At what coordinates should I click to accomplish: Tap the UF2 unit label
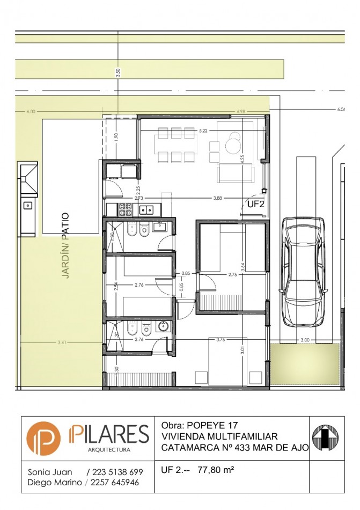[x=256, y=204]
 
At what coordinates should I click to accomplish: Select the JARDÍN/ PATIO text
[x=64, y=245]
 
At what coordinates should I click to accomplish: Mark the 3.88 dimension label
[x=217, y=198]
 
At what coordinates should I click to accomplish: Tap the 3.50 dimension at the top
[x=118, y=72]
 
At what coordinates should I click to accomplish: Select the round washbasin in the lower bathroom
[x=163, y=326]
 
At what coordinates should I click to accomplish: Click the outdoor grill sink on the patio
[x=27, y=205]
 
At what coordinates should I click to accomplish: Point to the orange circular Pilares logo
[x=43, y=438]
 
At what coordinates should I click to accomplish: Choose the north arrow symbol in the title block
[x=327, y=438]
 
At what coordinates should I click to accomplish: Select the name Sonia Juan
[x=48, y=472]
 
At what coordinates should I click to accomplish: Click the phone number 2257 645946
[x=114, y=483]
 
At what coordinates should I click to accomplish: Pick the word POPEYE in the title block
[x=206, y=424]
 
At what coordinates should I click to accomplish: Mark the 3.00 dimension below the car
[x=305, y=340]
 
